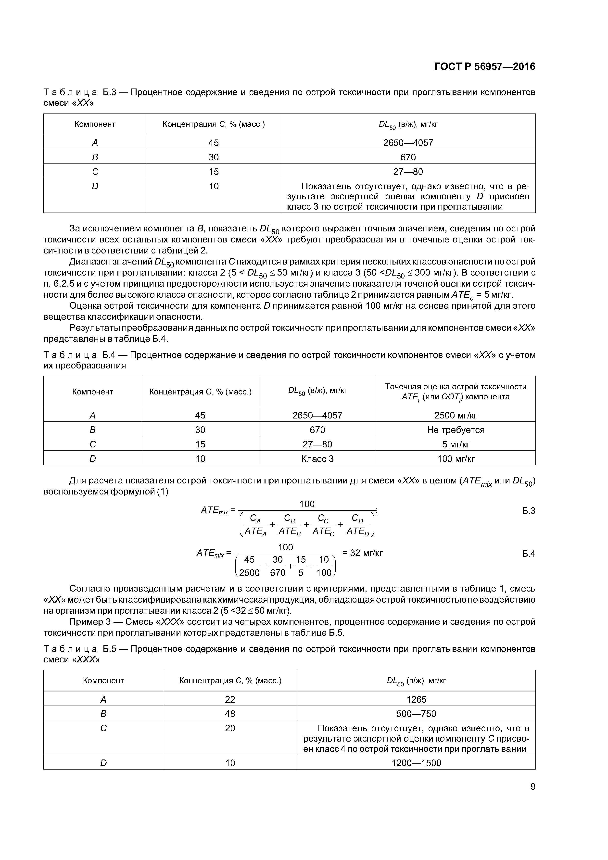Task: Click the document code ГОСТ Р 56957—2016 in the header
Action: click(x=485, y=67)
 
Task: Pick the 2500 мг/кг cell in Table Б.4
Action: click(x=456, y=415)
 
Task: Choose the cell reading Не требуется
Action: click(x=456, y=430)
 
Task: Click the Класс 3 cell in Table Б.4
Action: click(x=317, y=458)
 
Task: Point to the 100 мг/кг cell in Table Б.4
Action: click(x=456, y=458)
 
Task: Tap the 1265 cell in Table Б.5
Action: click(x=416, y=699)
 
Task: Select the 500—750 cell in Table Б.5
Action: click(x=416, y=714)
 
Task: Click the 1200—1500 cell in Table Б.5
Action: click(x=416, y=763)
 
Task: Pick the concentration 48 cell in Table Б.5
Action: click(x=230, y=714)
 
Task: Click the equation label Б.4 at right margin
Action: click(x=529, y=553)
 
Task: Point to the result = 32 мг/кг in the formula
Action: click(x=362, y=553)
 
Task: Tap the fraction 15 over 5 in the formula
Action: click(x=301, y=566)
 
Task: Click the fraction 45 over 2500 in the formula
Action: click(x=249, y=566)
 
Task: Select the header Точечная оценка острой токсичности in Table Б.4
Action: click(x=456, y=387)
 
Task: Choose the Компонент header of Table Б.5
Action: click(x=103, y=680)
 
